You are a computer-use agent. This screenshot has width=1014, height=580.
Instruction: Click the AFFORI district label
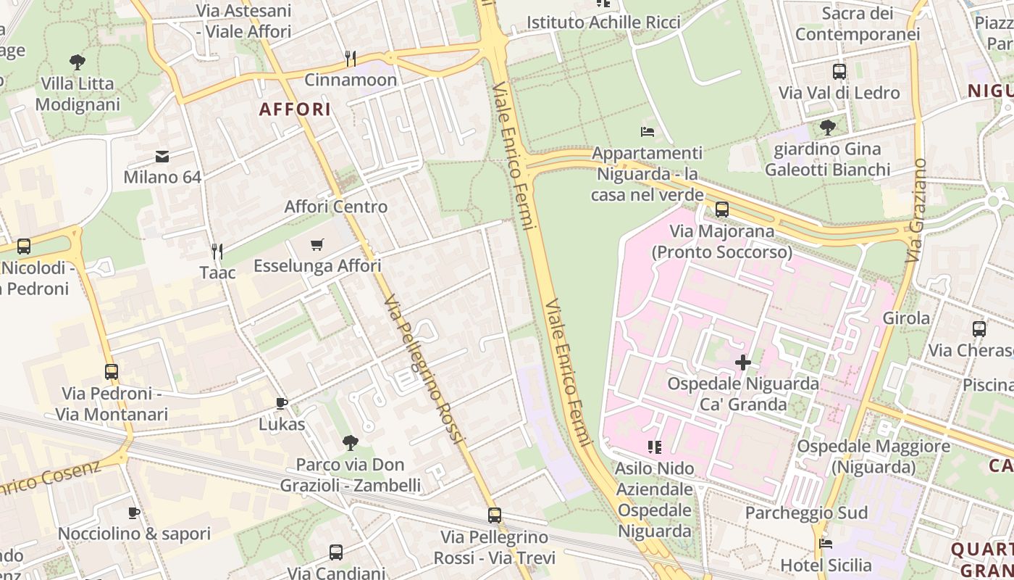(x=295, y=109)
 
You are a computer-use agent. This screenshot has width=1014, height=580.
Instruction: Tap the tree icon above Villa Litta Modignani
(x=77, y=62)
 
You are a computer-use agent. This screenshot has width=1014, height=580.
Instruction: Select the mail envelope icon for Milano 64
(x=162, y=156)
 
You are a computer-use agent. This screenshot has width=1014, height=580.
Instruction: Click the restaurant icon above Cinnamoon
(x=351, y=58)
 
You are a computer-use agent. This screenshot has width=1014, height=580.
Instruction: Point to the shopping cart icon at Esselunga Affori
(x=317, y=244)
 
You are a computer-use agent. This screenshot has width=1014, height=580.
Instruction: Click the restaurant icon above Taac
(x=217, y=252)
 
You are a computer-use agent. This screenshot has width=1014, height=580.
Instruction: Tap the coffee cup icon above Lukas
(x=282, y=403)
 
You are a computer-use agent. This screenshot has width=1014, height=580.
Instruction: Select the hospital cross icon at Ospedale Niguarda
(x=742, y=362)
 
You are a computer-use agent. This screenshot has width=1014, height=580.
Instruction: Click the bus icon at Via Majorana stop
(x=721, y=210)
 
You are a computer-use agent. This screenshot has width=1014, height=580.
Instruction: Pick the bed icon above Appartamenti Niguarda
(x=648, y=132)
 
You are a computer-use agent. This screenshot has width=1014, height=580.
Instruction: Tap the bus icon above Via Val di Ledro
(x=839, y=72)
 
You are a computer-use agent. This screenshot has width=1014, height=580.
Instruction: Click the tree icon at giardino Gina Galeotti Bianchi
(x=827, y=128)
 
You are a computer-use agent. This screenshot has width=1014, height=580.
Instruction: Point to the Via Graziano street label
(x=916, y=210)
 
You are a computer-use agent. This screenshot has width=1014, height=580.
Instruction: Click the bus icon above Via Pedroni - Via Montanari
(x=111, y=372)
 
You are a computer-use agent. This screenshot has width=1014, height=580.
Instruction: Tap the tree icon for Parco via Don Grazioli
(x=351, y=442)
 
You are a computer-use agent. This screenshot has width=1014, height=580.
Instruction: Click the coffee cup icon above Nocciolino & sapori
(x=134, y=513)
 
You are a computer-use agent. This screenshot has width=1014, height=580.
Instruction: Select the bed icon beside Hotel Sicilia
(x=825, y=543)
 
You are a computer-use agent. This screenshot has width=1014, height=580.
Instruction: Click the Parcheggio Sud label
(x=806, y=513)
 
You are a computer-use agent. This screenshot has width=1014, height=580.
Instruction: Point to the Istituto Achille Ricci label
(x=603, y=22)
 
